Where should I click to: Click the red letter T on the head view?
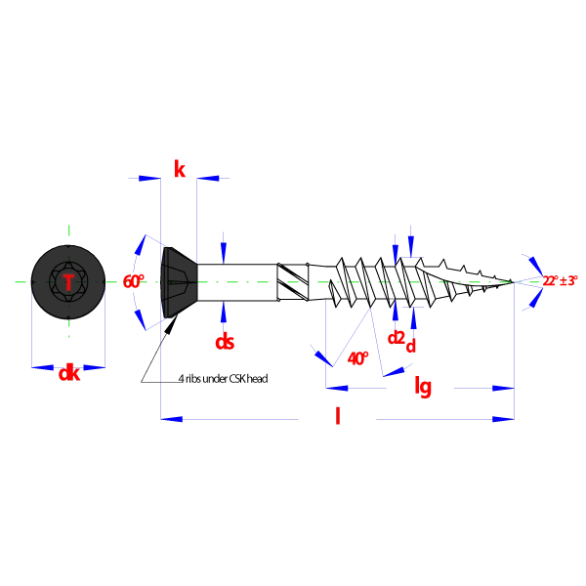click(x=68, y=282)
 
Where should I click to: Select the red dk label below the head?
click(x=68, y=372)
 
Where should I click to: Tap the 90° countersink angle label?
click(x=132, y=282)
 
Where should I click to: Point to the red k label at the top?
click(x=179, y=168)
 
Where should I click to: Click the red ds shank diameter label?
click(x=224, y=341)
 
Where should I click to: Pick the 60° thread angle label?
click(x=356, y=357)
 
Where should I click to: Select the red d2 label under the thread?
click(x=396, y=337)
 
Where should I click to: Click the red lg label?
click(x=423, y=387)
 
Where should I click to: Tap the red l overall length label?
click(x=339, y=417)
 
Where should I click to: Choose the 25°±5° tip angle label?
click(x=560, y=281)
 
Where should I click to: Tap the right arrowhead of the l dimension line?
click(x=502, y=418)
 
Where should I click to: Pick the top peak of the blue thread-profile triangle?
click(x=370, y=310)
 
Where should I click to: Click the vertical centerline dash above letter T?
click(x=66, y=230)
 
